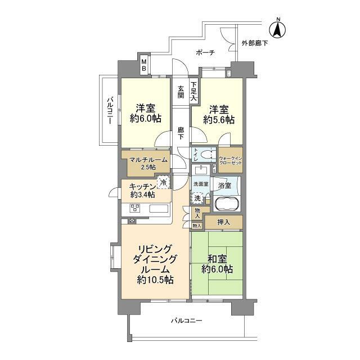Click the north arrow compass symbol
[x=278, y=27]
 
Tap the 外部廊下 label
[x=256, y=43]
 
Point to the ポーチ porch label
[x=205, y=53]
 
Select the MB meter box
[x=143, y=65]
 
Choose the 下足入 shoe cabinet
[x=193, y=92]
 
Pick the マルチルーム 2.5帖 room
[x=147, y=163]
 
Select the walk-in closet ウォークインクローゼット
[x=231, y=160]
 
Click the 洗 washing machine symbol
[x=197, y=198]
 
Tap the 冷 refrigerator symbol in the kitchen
[x=163, y=182]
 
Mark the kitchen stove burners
[x=136, y=209]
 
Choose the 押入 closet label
[x=223, y=223]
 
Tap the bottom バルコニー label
[x=186, y=321]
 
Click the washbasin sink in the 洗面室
[x=200, y=170]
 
